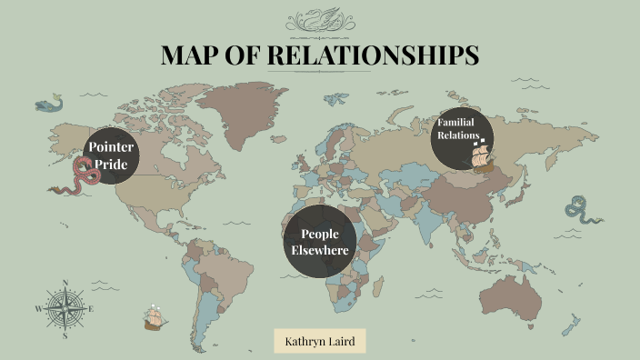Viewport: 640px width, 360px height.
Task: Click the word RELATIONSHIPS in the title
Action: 374,55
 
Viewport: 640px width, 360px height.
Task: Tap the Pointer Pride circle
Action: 112,155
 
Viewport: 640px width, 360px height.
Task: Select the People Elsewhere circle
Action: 319,241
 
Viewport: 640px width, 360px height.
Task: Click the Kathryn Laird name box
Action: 320,342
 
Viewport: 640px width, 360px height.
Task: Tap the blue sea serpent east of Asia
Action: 580,211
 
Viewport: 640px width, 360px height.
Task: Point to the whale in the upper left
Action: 50,104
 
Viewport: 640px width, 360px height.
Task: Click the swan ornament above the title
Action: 320,19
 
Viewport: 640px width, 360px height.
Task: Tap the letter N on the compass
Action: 65,283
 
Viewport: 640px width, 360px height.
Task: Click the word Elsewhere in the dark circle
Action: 319,250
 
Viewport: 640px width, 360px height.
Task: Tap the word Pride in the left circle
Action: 112,165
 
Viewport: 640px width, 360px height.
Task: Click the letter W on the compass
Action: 38,309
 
